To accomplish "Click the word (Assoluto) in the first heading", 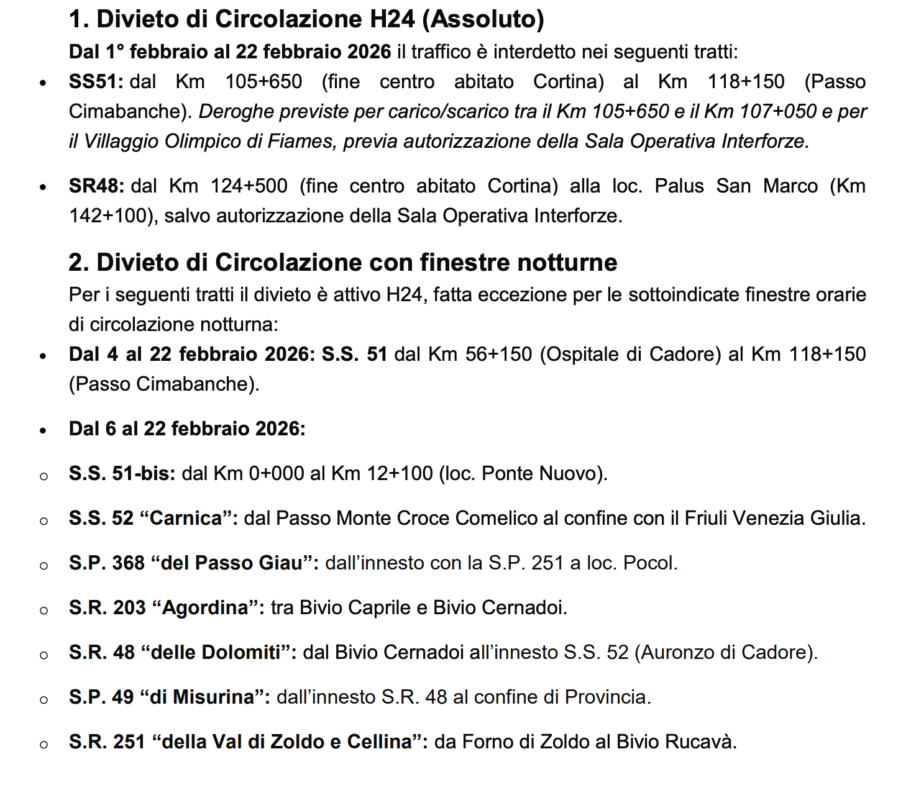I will [x=483, y=19].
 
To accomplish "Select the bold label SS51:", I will [x=96, y=81].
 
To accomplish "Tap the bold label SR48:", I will [x=96, y=186].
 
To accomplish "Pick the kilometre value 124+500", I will [x=249, y=186].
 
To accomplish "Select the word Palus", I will [x=679, y=186].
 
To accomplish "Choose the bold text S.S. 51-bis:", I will [x=122, y=473].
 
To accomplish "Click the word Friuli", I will [x=707, y=518].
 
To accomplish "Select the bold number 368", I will [x=128, y=563].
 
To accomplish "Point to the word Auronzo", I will [x=676, y=652].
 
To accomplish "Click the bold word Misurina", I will [x=213, y=697].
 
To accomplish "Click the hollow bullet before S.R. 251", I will [x=43, y=743].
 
